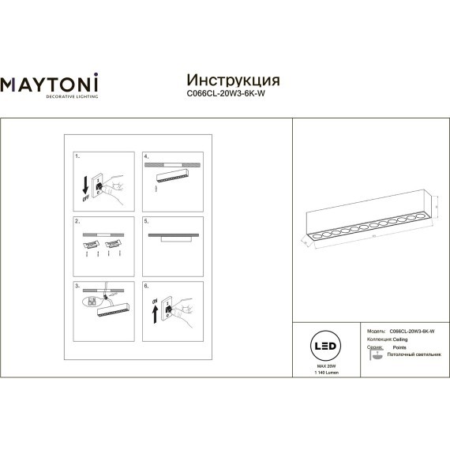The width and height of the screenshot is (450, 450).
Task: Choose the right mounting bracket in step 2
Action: point(112,245)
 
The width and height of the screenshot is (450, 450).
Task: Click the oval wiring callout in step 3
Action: point(91,302)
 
